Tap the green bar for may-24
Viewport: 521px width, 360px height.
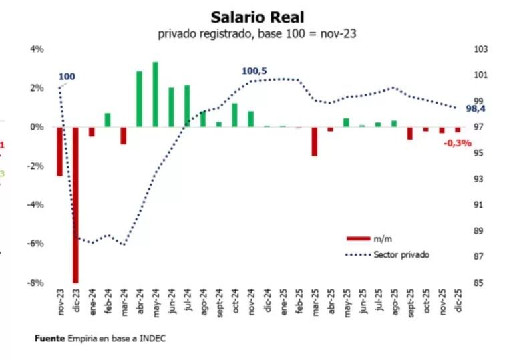tap(155, 94)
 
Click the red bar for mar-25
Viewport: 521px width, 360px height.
tap(314, 141)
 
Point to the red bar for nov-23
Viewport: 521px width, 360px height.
tap(59, 151)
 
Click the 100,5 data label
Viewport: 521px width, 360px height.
tap(254, 71)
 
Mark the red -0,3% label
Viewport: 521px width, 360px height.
tap(457, 142)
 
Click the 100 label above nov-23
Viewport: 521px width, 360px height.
tap(67, 77)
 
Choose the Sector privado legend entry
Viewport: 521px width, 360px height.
tap(401, 254)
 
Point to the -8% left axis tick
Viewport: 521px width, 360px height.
tap(35, 283)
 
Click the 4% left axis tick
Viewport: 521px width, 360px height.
tap(37, 49)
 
